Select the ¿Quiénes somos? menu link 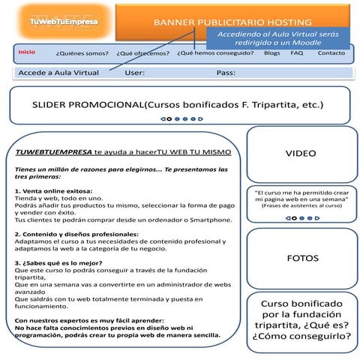pos(82,54)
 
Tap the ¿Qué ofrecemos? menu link pos(143,54)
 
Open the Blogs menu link pos(272,53)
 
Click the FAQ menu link pos(297,53)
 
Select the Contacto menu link pos(331,53)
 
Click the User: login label pos(135,73)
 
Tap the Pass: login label pos(226,73)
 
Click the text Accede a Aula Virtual pos(58,73)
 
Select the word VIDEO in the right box pos(301,153)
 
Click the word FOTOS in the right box pos(302,258)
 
